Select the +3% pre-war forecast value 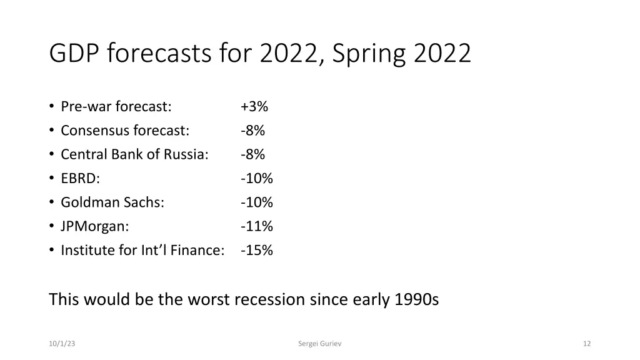point(254,107)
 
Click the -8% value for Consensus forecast point(252,131)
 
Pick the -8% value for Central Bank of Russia point(252,154)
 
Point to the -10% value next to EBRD point(256,179)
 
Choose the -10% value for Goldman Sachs point(256,202)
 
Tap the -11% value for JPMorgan point(256,226)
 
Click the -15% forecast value point(256,251)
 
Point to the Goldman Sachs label point(112,202)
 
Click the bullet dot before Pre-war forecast point(51,107)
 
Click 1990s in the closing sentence point(417,300)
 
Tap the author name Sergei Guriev point(320,343)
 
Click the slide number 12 point(586,343)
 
